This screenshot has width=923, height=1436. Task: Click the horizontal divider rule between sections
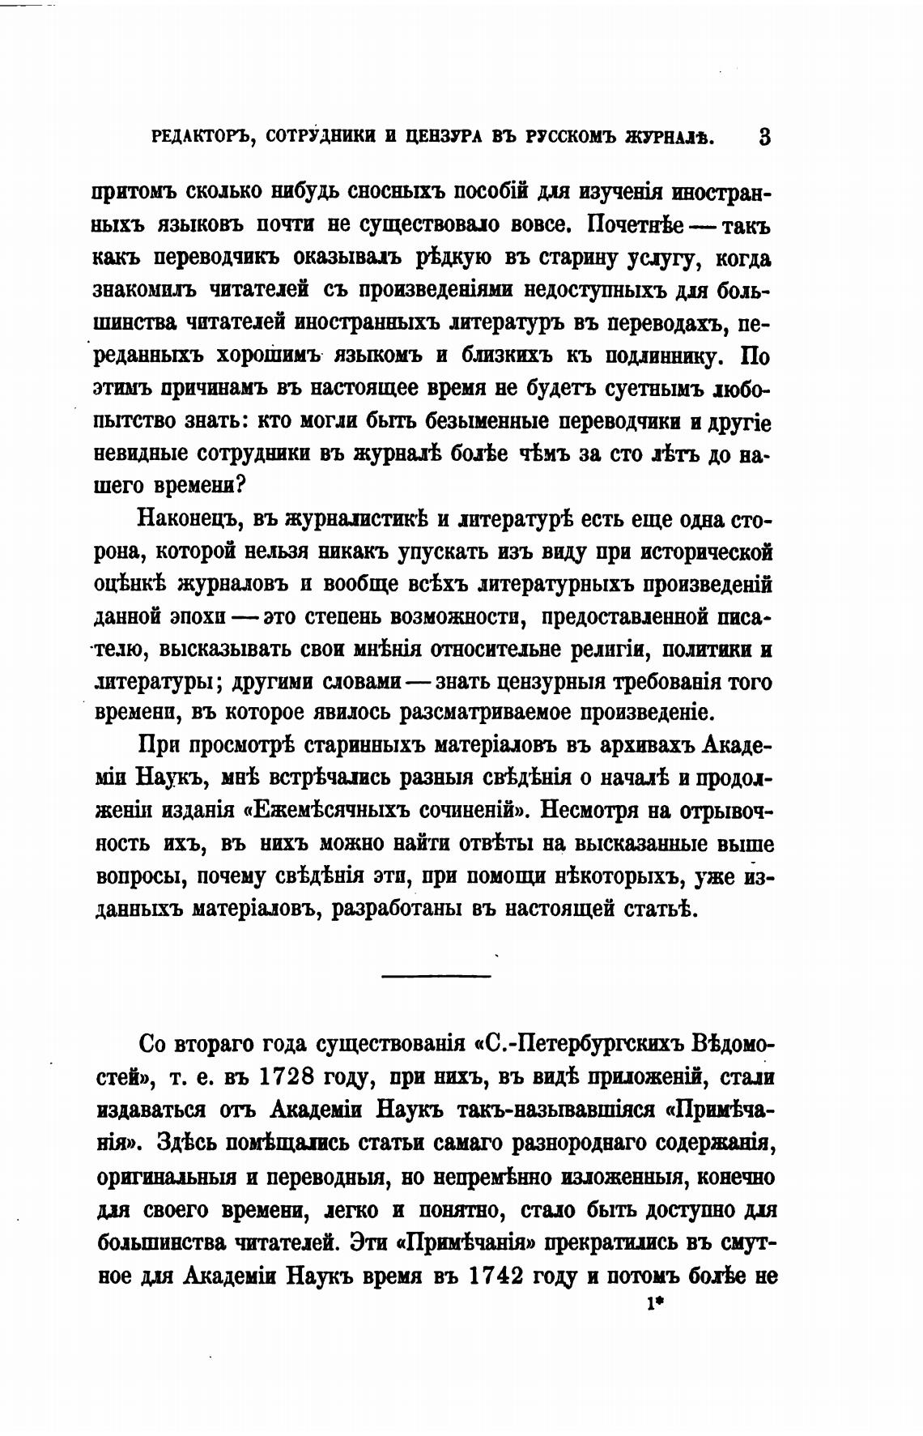(436, 975)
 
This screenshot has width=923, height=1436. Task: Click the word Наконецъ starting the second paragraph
(188, 519)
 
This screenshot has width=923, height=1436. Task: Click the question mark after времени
(240, 486)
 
